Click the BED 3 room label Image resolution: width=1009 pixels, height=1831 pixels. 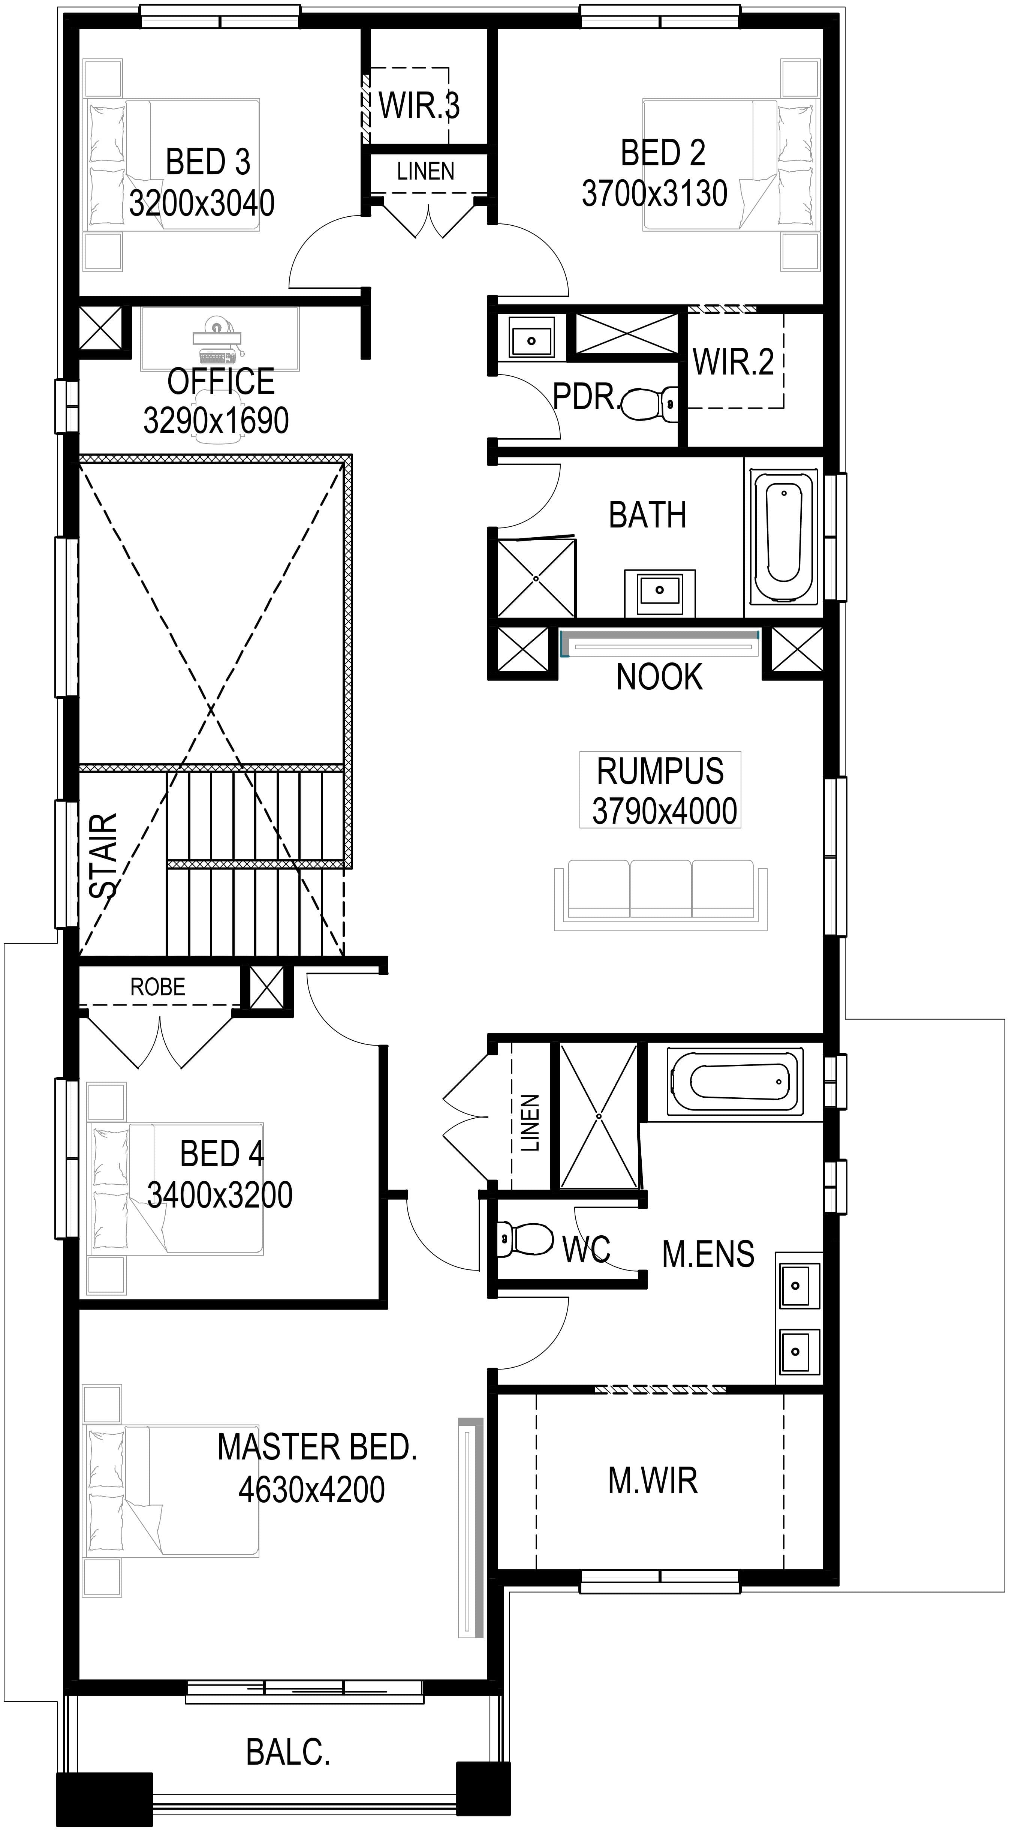208,162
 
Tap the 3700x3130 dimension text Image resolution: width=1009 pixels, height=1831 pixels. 654,193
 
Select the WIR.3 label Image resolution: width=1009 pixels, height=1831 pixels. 419,106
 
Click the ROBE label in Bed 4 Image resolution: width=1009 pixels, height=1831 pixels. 158,987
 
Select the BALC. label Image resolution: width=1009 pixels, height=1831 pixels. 288,1752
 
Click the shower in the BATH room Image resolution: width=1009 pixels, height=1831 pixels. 536,578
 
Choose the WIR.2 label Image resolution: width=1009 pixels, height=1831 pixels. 733,362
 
